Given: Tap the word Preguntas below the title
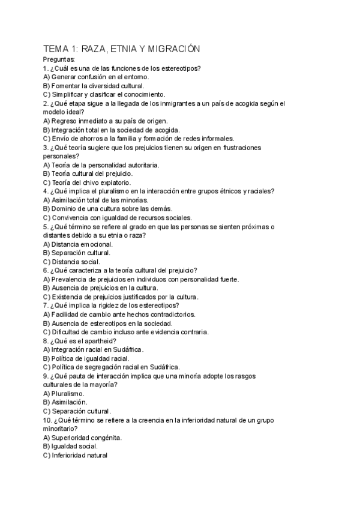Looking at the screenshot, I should pyautogui.click(x=59, y=60).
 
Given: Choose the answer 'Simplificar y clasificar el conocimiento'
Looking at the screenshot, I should pyautogui.click(x=103, y=94).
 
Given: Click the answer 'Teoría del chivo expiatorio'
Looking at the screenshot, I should pyautogui.click(x=86, y=182).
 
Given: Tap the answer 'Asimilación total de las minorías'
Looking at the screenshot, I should pyautogui.click(x=95, y=200).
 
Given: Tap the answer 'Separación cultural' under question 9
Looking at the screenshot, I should pyautogui.click(x=77, y=411).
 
